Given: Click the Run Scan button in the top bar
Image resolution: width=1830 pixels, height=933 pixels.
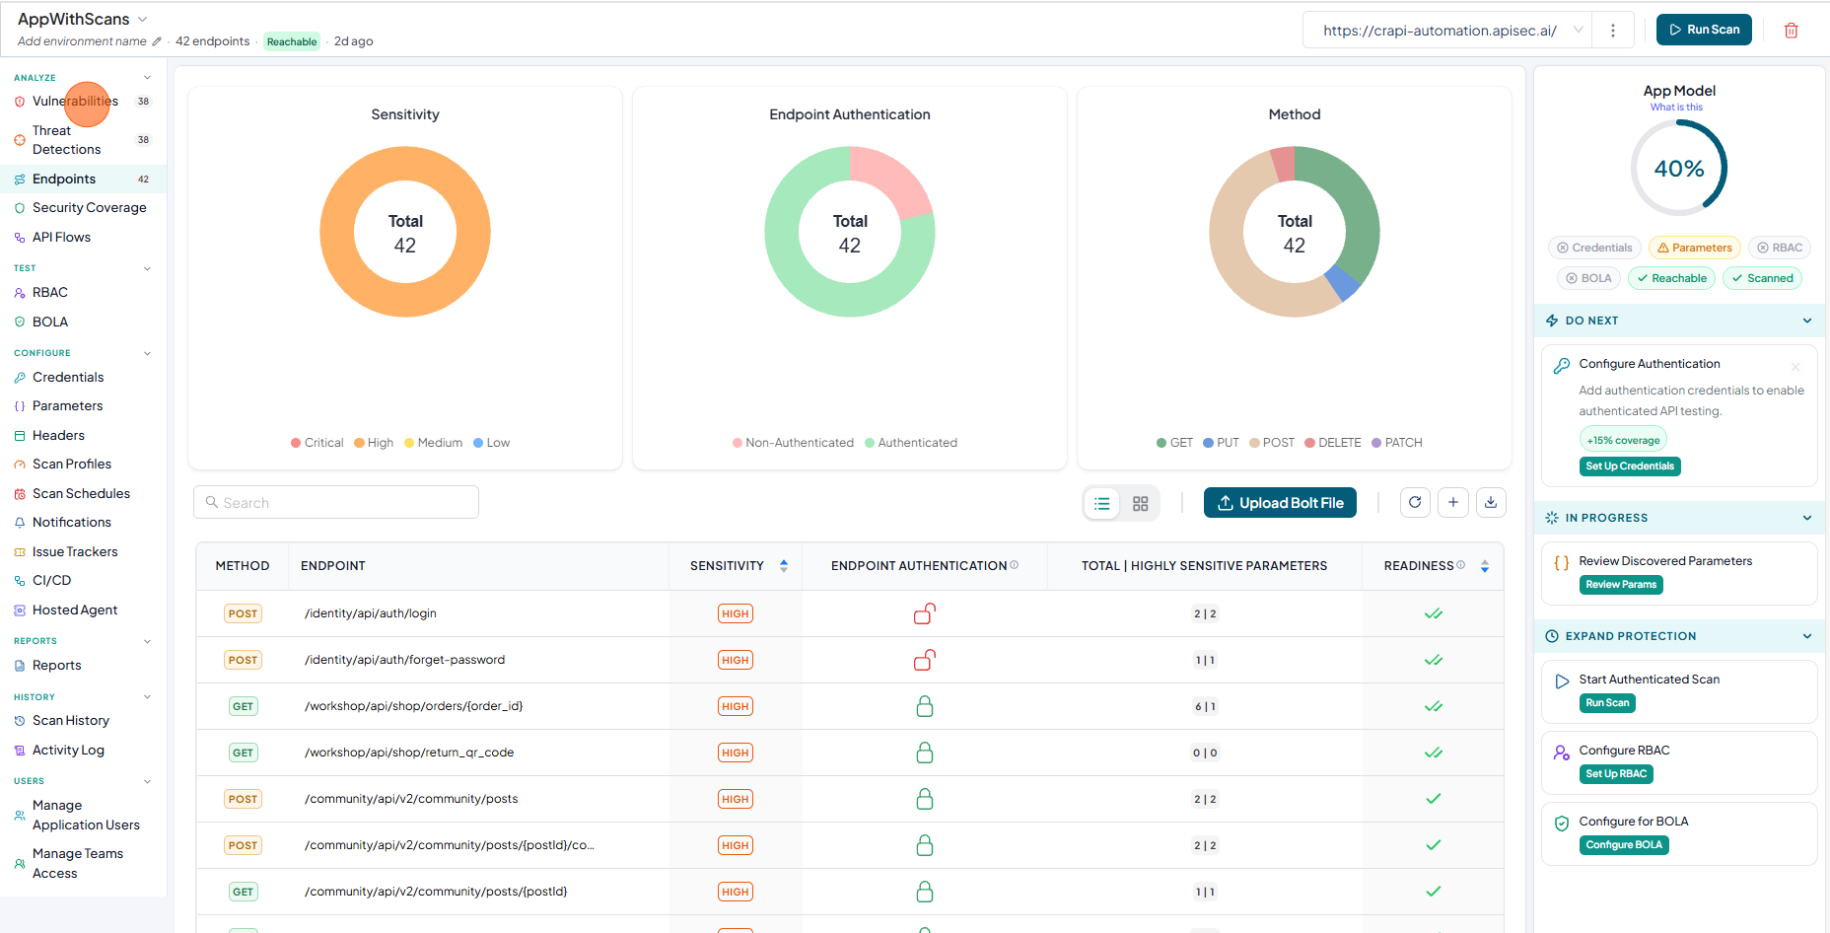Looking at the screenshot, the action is pos(1704,30).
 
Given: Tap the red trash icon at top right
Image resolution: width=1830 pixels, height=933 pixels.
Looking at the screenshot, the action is pos(1792,31).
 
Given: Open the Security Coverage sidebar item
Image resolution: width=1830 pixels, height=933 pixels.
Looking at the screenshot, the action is pos(89,208).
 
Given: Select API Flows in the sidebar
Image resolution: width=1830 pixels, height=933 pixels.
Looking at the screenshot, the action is pos(61,238).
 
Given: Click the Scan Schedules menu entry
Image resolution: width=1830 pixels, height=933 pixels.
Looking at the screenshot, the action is pos(81,494).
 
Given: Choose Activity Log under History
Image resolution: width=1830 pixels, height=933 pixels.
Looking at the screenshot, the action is pos(68,751).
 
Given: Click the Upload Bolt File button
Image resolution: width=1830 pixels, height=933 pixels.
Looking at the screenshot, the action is pos(1280,503).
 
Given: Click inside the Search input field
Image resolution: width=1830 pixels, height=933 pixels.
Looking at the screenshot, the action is pos(336,502).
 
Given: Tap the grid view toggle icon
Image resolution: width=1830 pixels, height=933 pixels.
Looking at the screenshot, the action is pos(1141,504).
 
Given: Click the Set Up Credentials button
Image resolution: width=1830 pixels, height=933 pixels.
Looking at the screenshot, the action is pos(1630,466).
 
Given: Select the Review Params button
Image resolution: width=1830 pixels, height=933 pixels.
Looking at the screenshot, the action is pos(1621,585).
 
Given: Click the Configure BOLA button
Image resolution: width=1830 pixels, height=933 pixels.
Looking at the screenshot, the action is pos(1624,845).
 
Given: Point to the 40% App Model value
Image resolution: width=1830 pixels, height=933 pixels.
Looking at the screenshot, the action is pos(1679,169).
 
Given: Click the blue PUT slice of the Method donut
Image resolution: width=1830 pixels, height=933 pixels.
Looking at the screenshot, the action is pos(1342,283).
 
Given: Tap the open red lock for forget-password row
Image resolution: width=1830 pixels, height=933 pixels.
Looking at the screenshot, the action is pos(925,660).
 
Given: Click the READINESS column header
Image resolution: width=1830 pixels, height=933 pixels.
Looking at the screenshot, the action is pos(1419,566).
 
